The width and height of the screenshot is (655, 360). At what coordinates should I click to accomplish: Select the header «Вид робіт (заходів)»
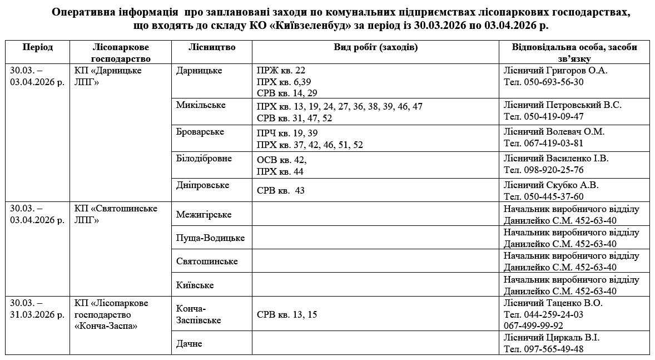pyautogui.click(x=375, y=47)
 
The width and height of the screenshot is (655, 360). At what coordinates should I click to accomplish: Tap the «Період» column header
pyautogui.click(x=38, y=47)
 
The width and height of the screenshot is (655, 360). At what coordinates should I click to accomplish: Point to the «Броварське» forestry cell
pyautogui.click(x=200, y=132)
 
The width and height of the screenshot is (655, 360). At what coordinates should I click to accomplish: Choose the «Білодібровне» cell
pyautogui.click(x=204, y=159)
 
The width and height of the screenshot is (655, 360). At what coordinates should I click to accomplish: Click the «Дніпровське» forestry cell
pyautogui.click(x=202, y=185)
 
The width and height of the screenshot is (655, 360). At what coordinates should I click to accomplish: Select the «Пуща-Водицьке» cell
pyautogui.click(x=210, y=238)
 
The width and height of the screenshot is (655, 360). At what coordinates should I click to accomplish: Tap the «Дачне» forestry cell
pyautogui.click(x=189, y=344)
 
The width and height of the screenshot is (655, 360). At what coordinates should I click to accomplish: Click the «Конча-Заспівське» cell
pyautogui.click(x=199, y=314)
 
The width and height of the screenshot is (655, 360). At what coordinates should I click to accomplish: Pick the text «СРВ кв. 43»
pyautogui.click(x=281, y=191)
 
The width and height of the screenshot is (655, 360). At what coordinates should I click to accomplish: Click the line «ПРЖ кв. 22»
pyautogui.click(x=281, y=71)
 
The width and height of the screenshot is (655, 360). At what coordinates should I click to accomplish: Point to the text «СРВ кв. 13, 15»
pyautogui.click(x=287, y=315)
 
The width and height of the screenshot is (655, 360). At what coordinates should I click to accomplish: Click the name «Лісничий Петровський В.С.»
pyautogui.click(x=563, y=105)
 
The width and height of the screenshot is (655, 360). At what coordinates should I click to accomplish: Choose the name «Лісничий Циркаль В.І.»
pyautogui.click(x=552, y=338)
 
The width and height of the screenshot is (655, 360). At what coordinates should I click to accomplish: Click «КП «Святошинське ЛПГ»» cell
pyautogui.click(x=116, y=214)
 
